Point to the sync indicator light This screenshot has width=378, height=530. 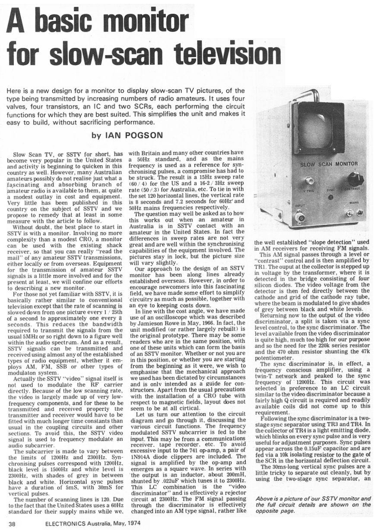pos(330,197)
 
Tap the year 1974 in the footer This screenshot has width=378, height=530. pos(137,524)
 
